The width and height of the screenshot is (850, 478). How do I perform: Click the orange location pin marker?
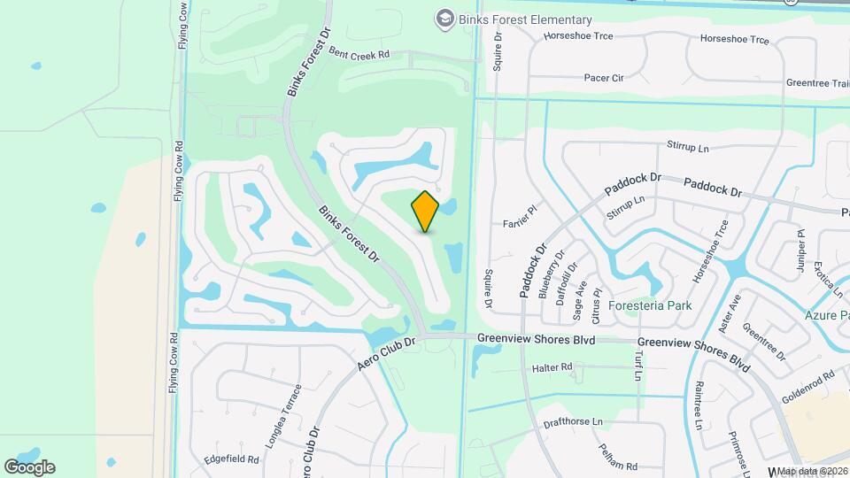tap(426, 211)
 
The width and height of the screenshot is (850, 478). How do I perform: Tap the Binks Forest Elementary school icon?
tap(444, 19)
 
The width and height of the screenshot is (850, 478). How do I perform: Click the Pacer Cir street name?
tap(604, 78)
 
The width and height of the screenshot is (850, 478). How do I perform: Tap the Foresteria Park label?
tap(649, 305)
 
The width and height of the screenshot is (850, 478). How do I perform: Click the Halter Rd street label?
tap(552, 366)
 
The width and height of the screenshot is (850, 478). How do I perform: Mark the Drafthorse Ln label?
tap(572, 422)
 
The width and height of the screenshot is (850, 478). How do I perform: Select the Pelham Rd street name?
tap(617, 459)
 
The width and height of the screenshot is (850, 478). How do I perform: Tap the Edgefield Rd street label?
tap(230, 459)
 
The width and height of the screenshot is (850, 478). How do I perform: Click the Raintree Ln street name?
tap(699, 405)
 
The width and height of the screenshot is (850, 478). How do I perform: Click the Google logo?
tap(29, 466)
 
